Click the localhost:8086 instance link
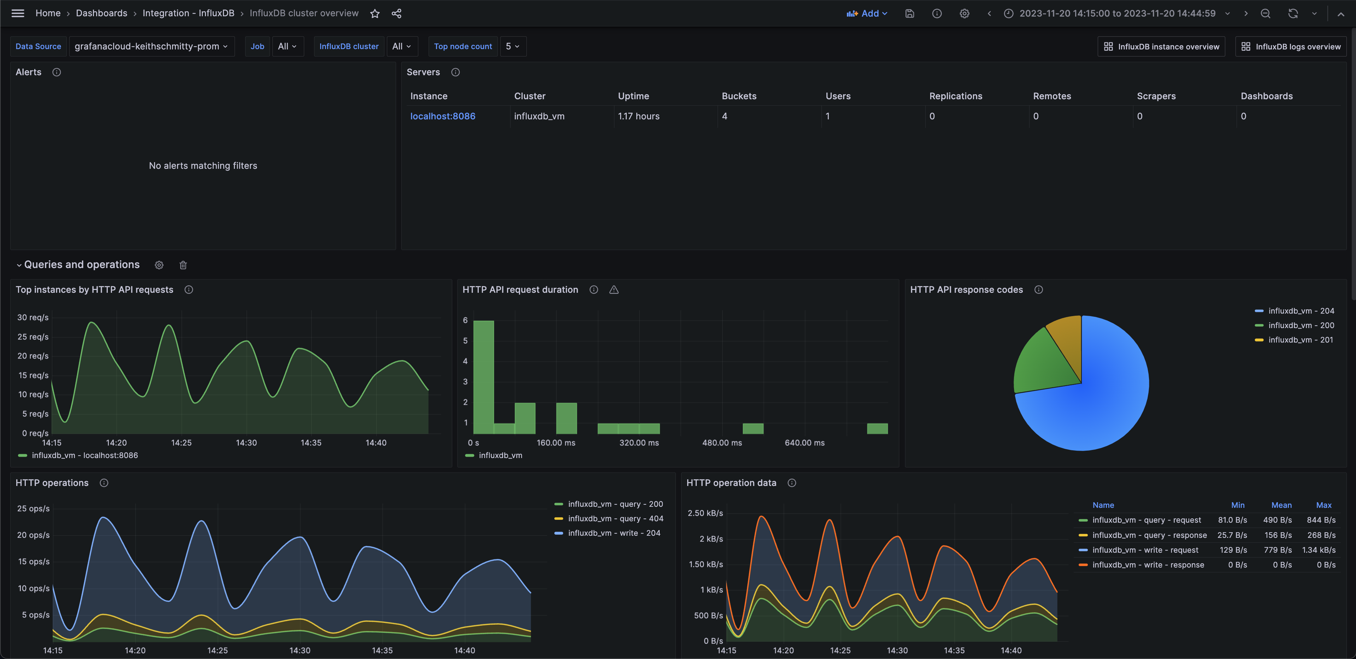pyautogui.click(x=442, y=116)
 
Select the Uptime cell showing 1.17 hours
pyautogui.click(x=638, y=116)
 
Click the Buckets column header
pyautogui.click(x=738, y=96)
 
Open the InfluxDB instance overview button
pyautogui.click(x=1161, y=46)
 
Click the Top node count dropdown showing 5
pyautogui.click(x=512, y=46)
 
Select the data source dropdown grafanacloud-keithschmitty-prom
pyautogui.click(x=151, y=46)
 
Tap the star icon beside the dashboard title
pyautogui.click(x=375, y=14)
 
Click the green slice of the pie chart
pyautogui.click(x=1042, y=363)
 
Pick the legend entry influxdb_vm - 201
pyautogui.click(x=1300, y=340)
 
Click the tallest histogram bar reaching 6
pyautogui.click(x=483, y=376)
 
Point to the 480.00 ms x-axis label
pyautogui.click(x=722, y=443)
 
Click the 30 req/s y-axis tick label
pyautogui.click(x=33, y=317)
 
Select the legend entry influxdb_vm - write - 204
pyautogui.click(x=613, y=533)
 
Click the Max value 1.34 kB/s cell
pyautogui.click(x=1318, y=550)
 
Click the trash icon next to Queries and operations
pyautogui.click(x=183, y=265)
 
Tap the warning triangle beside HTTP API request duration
pyautogui.click(x=614, y=290)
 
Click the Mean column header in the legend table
pyautogui.click(x=1281, y=505)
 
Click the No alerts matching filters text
pyautogui.click(x=203, y=166)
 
